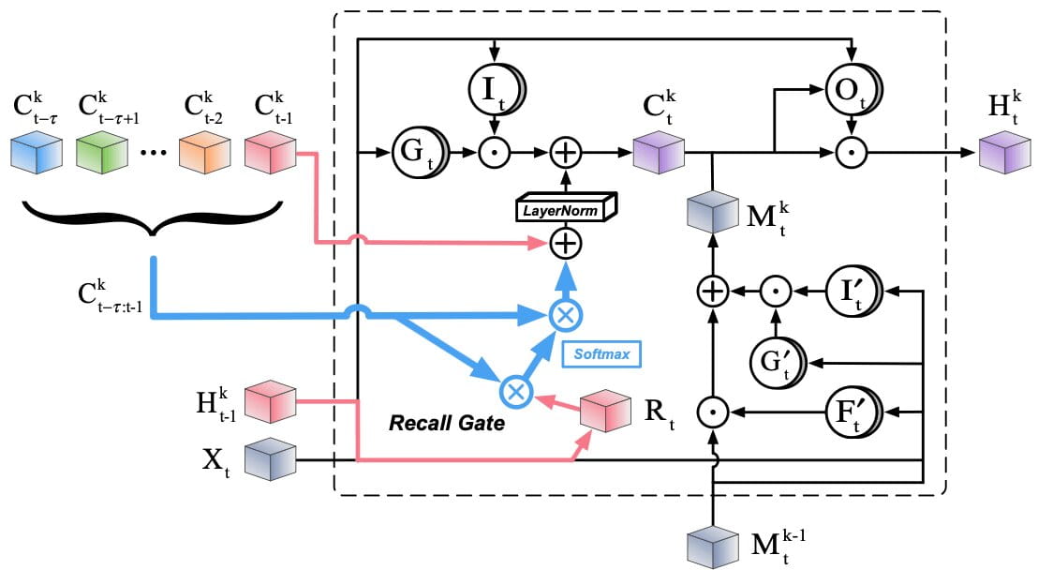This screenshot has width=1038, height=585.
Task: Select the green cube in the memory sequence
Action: tap(102, 151)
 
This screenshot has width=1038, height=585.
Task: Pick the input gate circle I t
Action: tap(495, 90)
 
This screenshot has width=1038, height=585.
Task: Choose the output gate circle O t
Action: tap(851, 90)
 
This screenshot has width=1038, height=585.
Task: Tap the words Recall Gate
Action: tap(447, 424)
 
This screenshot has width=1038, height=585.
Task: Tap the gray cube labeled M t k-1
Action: tap(714, 548)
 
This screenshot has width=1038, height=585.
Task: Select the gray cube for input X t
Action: tap(270, 460)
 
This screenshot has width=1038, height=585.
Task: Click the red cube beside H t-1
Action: tap(270, 401)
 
